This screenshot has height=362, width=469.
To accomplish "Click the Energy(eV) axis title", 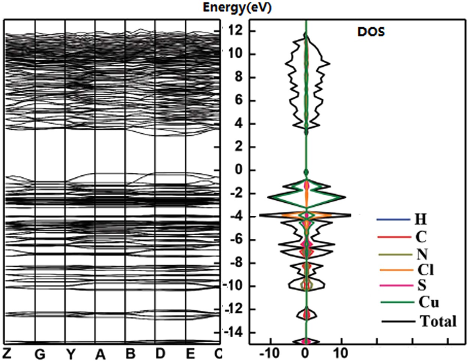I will click(237, 8).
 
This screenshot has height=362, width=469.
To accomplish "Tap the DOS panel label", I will click(371, 31).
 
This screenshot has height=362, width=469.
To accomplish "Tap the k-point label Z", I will click(7, 353).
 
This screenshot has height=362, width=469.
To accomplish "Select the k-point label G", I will click(39, 354).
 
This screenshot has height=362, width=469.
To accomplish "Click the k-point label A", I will click(100, 354).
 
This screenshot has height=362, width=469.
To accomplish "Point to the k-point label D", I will click(160, 354).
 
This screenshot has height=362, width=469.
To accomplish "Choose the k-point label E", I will click(190, 354).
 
